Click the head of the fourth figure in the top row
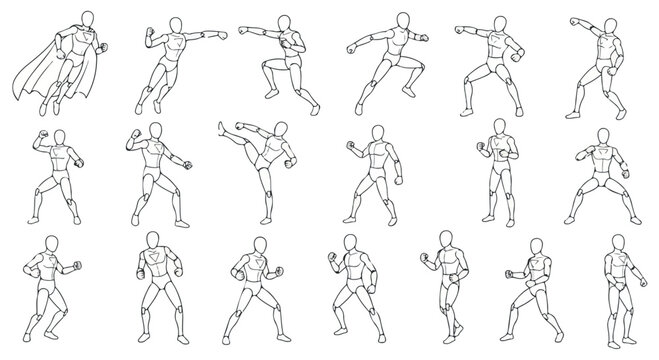coord(401,21)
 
